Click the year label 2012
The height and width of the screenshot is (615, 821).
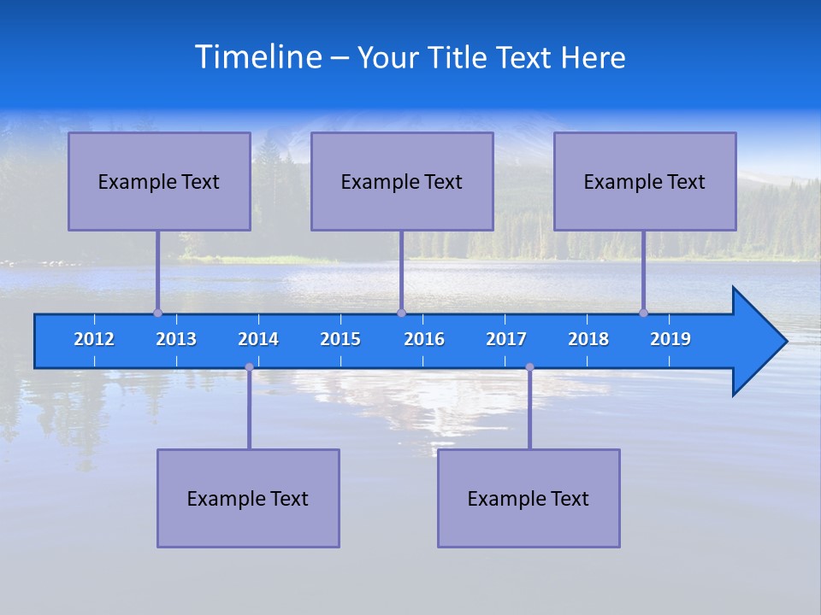[x=94, y=339]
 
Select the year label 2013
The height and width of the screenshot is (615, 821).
[x=176, y=339]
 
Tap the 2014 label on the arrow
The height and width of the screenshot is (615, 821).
[x=258, y=339]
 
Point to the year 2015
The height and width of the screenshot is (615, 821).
[x=340, y=339]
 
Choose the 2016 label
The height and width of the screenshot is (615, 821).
[x=424, y=339]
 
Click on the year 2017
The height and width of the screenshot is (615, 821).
[x=506, y=339]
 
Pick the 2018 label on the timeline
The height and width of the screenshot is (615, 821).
[x=588, y=339]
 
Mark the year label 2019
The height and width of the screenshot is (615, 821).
[x=670, y=339]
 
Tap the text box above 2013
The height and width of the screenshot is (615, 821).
[x=159, y=181]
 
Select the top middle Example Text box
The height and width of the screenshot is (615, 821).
[x=402, y=181]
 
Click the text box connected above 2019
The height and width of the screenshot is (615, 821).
[x=645, y=181]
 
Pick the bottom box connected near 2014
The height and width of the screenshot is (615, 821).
[x=248, y=498]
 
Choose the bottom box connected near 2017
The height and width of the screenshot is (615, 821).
[x=529, y=498]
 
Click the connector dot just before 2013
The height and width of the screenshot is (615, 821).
[x=157, y=313]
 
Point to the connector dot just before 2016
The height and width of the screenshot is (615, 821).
[x=401, y=313]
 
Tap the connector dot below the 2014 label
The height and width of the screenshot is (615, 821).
[x=249, y=367]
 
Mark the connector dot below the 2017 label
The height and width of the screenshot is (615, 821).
[x=529, y=367]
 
